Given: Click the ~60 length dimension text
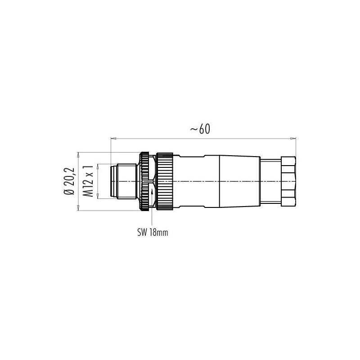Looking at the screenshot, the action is click(200, 129).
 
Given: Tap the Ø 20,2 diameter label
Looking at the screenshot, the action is click(69, 181).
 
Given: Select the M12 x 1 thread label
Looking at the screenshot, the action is click(88, 181).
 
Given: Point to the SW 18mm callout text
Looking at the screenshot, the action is click(153, 233).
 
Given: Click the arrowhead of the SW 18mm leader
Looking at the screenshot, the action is click(152, 191).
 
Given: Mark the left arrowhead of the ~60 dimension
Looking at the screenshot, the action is click(113, 139).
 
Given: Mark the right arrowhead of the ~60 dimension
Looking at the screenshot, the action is click(293, 139).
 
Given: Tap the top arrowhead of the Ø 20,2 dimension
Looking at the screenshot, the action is click(78, 155).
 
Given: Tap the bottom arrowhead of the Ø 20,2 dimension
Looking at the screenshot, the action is click(78, 208).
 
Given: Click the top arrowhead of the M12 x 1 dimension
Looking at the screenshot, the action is click(98, 166).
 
